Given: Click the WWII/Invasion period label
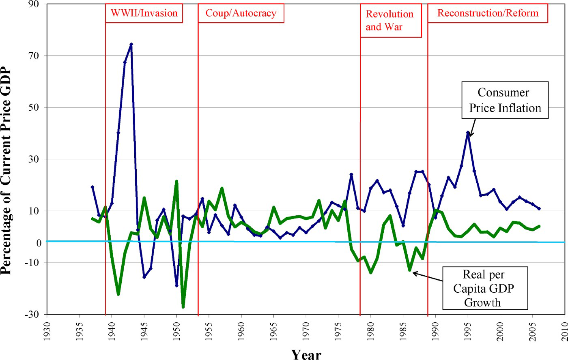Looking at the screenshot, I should pos(144,13).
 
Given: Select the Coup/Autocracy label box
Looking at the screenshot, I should pos(241,13).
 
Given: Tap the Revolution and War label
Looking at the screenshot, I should pos(390,20).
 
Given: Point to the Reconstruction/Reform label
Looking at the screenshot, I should pos(488,13).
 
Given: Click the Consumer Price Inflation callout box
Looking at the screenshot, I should pos(505,100).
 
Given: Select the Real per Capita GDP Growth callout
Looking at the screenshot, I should pos(484,288).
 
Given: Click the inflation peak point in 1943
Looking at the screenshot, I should pos(131,44).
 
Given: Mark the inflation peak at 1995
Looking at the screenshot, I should pos(468,133).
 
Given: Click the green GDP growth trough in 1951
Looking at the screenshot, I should pos(183,307).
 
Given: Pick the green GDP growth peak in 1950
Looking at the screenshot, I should pos(176,181).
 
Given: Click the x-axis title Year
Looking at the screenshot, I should pos(306,354).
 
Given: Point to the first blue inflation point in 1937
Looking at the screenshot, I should pos(93,187).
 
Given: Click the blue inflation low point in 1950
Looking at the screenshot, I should pos(176,285).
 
